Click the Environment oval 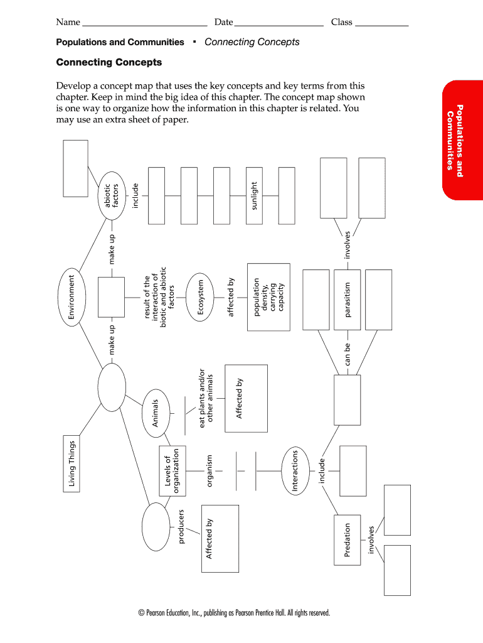click(72, 297)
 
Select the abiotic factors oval click(112, 196)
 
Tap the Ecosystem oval click(200, 297)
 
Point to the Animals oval click(156, 413)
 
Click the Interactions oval click(295, 471)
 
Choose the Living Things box click(72, 464)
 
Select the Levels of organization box click(172, 471)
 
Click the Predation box click(348, 540)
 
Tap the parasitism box click(348, 300)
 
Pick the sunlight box click(254, 196)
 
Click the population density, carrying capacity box click(268, 297)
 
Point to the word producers click(181, 527)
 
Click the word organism click(210, 471)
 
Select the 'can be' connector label click(348, 354)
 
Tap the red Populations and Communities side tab click(462, 140)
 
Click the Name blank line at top click(145, 26)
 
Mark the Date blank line click(279, 26)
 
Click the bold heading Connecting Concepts click(109, 62)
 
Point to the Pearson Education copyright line click(234, 613)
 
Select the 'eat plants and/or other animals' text click(206, 398)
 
